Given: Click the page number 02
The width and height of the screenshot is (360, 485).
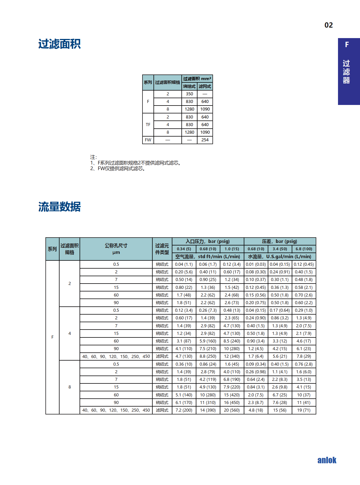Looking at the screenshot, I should [328, 25].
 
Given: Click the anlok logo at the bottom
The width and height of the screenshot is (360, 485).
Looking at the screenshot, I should [327, 460].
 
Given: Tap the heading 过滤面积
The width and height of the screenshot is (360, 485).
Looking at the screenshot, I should [60, 44].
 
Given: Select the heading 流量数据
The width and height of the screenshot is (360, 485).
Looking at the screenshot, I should [60, 207].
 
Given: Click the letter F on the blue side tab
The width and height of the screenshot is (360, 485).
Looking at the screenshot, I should [347, 45].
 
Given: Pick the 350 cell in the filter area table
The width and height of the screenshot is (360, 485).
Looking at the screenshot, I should [189, 94].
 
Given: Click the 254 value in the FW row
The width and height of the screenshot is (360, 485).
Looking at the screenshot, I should [205, 140].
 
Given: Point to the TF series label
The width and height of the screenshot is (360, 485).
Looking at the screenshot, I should [148, 125].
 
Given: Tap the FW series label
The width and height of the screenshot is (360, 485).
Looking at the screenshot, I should [148, 140].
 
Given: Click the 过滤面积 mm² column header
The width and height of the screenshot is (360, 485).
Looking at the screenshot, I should [197, 79].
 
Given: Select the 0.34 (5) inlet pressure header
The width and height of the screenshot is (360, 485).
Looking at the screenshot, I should [184, 249].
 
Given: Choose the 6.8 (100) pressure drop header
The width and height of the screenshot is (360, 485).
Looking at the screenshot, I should [304, 249].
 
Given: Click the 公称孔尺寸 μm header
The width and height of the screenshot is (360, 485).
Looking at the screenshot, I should [116, 249].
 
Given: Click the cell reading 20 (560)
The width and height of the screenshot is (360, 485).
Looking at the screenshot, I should [232, 410].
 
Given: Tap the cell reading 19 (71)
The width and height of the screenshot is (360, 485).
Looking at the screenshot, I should [304, 410].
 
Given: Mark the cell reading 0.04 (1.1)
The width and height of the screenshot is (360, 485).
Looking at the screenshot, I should [184, 264].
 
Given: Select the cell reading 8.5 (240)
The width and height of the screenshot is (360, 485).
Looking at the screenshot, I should [232, 341].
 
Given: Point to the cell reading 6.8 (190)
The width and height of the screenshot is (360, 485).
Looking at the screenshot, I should [232, 379].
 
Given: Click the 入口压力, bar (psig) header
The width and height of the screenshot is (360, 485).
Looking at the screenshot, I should [208, 241].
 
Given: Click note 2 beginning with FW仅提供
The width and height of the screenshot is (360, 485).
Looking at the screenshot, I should [118, 169].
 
